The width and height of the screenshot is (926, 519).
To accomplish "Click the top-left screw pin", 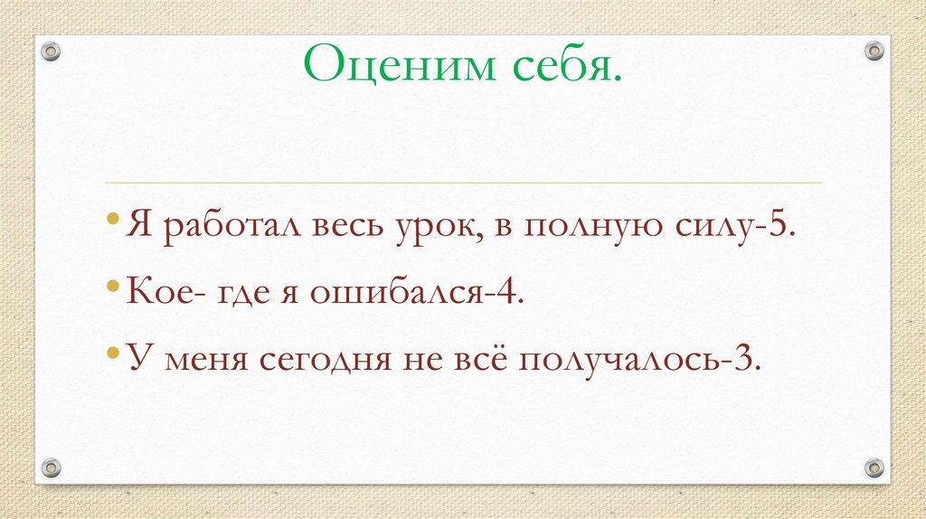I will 52,51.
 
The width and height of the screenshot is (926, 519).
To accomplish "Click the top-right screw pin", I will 874,51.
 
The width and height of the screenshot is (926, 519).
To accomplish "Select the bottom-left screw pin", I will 52,467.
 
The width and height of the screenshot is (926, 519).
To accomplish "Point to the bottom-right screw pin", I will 874,467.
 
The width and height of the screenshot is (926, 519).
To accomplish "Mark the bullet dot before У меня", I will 111,355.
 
